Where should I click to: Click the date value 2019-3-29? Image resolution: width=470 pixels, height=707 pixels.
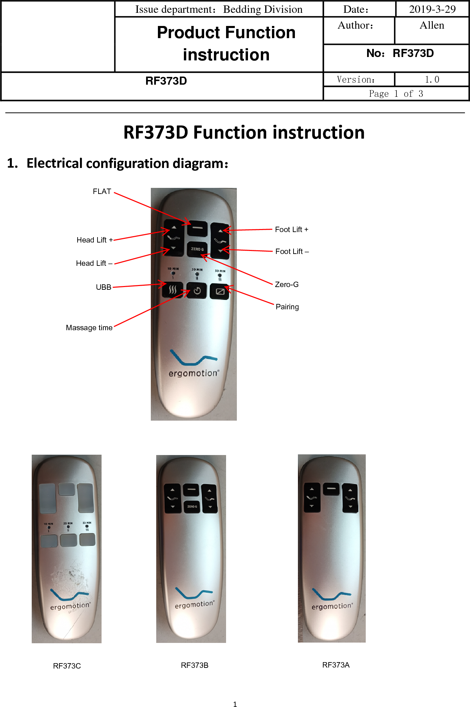[x=432, y=9]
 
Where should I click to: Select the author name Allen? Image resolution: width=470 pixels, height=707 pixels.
[x=432, y=26]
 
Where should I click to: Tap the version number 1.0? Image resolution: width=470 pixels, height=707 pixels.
[x=432, y=80]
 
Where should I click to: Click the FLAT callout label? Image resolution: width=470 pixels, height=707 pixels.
[x=102, y=192]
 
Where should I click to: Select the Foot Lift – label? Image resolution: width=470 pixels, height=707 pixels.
[x=292, y=252]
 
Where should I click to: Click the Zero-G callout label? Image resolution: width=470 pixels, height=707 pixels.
[x=286, y=285]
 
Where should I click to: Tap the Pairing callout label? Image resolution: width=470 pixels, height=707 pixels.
[x=287, y=307]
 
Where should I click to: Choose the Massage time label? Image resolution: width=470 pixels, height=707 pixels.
[x=89, y=328]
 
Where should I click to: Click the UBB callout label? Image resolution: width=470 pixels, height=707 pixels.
[x=103, y=287]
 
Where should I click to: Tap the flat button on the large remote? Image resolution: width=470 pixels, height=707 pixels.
[x=197, y=228]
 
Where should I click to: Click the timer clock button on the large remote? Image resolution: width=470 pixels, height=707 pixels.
[x=197, y=291]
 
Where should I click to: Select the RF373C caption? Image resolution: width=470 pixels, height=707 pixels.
[x=67, y=666]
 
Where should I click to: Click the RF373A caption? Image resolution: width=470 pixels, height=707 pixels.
[x=336, y=665]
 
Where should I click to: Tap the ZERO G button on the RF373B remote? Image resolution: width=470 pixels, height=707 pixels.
[x=192, y=507]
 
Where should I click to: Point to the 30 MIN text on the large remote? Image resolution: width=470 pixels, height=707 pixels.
[x=220, y=271]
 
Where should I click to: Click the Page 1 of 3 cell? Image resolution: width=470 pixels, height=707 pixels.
[x=396, y=94]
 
